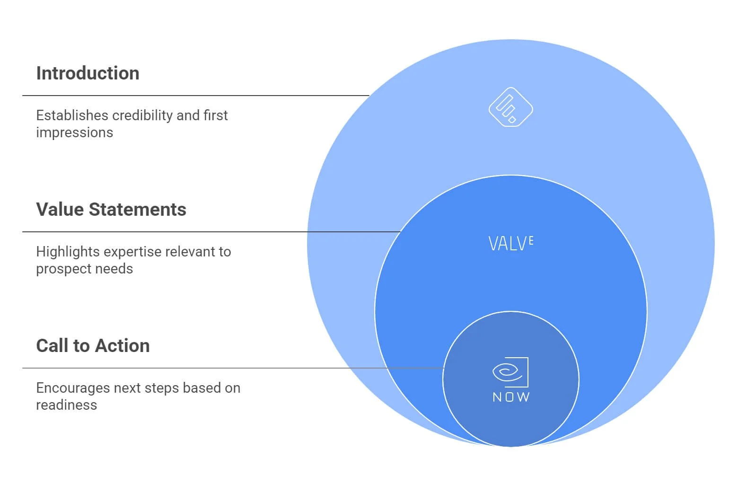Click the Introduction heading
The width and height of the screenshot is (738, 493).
[88, 73]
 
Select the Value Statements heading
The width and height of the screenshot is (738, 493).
[111, 210]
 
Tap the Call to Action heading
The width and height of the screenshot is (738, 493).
[93, 346]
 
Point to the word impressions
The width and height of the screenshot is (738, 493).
[74, 132]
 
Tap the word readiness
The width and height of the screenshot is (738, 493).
[66, 405]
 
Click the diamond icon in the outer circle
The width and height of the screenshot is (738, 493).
[510, 107]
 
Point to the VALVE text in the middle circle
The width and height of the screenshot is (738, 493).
[510, 244]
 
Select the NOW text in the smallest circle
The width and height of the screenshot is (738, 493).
[511, 397]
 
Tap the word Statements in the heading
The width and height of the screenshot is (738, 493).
[138, 210]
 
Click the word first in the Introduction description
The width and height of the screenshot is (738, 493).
[216, 115]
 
